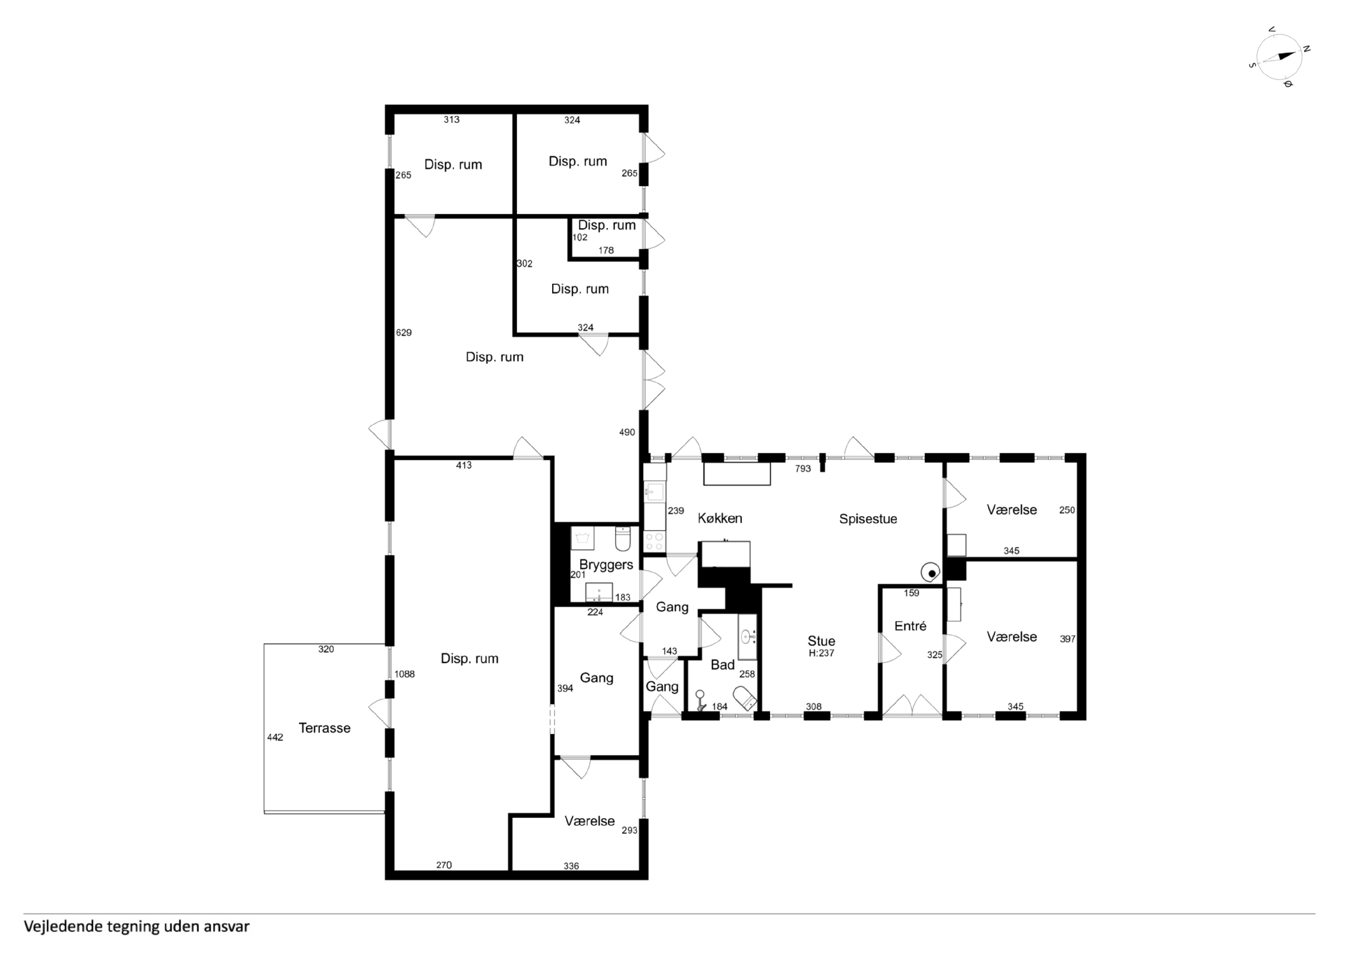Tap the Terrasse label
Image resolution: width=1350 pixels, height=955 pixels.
[x=325, y=728]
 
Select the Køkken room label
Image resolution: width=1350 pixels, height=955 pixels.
[x=720, y=518]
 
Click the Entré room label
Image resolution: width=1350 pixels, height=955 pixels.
[x=910, y=626]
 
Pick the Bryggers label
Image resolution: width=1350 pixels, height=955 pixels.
[x=606, y=565]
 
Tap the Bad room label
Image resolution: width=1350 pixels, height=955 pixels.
[x=723, y=665]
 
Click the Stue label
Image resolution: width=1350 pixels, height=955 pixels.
[x=822, y=641]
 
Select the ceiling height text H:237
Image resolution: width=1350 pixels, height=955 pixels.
[x=822, y=653]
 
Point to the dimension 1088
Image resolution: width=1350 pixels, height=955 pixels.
[x=404, y=674]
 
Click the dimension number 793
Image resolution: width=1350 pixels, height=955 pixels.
[x=803, y=469]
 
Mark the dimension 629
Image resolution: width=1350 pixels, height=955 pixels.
[x=404, y=333]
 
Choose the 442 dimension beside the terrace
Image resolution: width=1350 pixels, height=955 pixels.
[x=275, y=737]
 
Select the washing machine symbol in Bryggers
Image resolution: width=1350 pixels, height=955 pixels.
[x=582, y=538]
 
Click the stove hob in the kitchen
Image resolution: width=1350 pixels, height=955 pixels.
[x=654, y=542]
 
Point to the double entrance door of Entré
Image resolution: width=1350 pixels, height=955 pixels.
[x=912, y=706]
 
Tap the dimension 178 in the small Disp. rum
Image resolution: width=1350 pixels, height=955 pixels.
[x=606, y=251]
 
